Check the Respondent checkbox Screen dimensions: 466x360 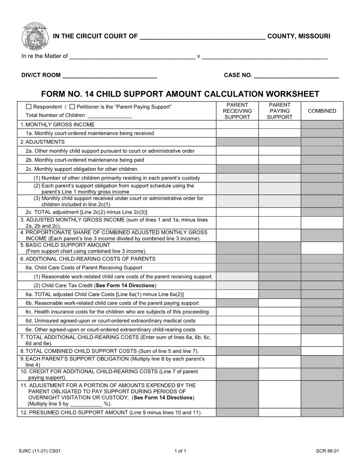pos(29,107)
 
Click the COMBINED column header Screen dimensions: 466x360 pos(322,111)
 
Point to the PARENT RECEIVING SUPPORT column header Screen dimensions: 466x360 pos(237,111)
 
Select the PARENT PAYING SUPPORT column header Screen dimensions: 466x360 pos(280,111)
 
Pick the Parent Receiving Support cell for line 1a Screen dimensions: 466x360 pos(237,133)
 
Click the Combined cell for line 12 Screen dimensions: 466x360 pos(322,413)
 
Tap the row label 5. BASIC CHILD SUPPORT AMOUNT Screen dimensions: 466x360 pos(66,245)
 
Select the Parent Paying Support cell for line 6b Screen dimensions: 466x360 pos(280,303)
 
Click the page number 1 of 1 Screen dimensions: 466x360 pos(180,451)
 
